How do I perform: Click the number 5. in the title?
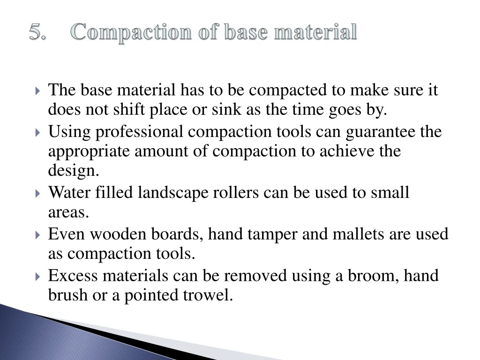pos(37,31)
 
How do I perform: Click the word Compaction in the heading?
pos(131,33)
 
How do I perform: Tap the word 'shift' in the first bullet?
pos(129,109)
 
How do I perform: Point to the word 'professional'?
pos(139,132)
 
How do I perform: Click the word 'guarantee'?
pos(381,132)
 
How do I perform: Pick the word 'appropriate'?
pos(89,152)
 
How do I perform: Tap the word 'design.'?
pos(74,171)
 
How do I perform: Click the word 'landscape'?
pos(173,193)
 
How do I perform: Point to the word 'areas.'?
pos(68,212)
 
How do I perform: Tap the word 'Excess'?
pos(73,276)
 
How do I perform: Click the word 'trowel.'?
pos(208,295)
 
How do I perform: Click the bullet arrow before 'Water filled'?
pos(37,194)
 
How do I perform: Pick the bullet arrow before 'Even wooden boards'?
pos(37,235)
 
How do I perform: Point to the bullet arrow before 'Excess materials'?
pos(37,277)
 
